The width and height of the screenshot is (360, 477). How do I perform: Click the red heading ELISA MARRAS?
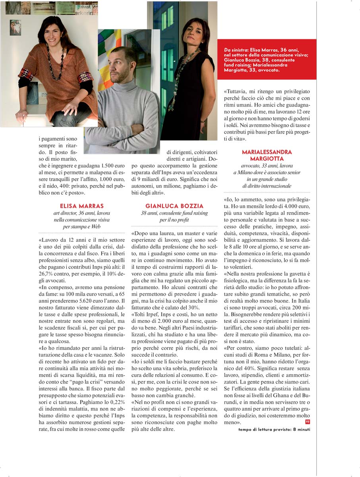[82, 206]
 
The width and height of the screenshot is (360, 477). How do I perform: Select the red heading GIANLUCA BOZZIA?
[174, 206]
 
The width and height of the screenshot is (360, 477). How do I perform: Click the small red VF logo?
[308, 421]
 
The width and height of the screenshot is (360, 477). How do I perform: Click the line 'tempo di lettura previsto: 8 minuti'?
[274, 429]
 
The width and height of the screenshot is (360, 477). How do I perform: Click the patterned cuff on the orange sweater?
[85, 76]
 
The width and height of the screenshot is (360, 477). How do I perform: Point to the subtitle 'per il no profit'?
[174, 219]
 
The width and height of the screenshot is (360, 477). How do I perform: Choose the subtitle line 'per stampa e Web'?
[81, 226]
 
